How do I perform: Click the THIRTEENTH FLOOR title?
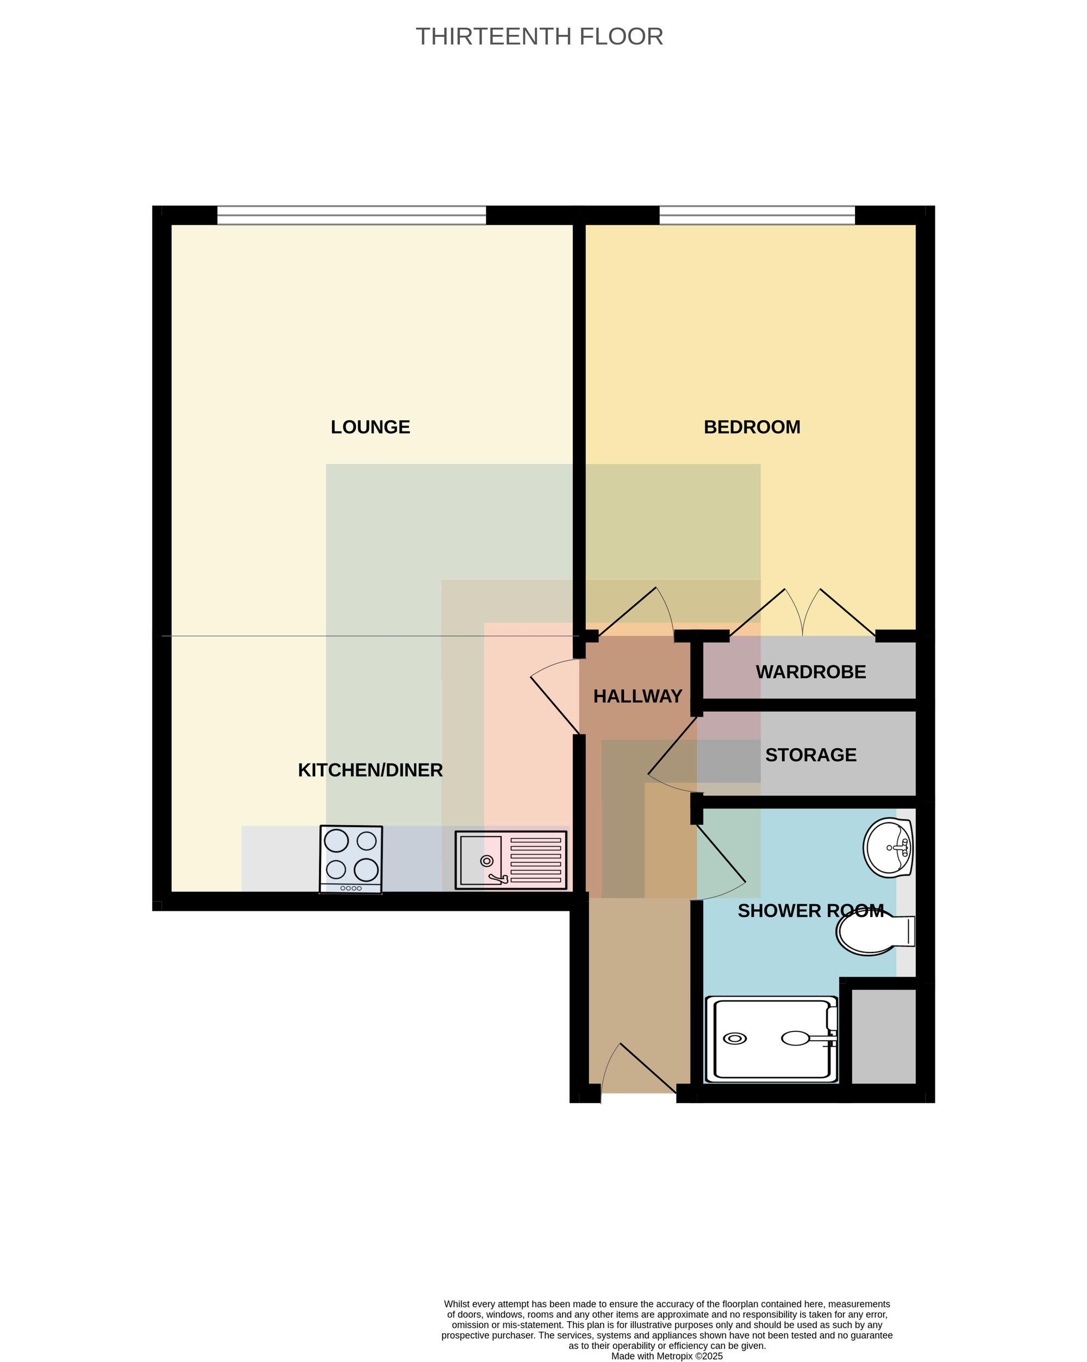pos(539,36)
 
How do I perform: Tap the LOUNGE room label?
pos(370,427)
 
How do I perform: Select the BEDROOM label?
pos(752,427)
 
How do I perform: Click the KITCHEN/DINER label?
pos(370,770)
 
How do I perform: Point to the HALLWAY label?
pos(638,696)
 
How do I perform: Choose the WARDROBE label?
pos(810,671)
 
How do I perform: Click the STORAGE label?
pos(810,755)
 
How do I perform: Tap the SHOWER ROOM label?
pos(810,910)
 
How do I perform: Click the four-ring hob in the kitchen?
pos(351,859)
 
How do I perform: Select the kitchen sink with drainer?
pos(510,860)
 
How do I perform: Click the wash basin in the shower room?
pos(888,847)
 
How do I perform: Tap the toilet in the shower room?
pos(876,932)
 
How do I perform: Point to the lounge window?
pos(351,215)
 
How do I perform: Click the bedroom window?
pos(757,215)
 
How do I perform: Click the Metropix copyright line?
pos(667,1355)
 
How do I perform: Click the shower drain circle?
pos(735,1038)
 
